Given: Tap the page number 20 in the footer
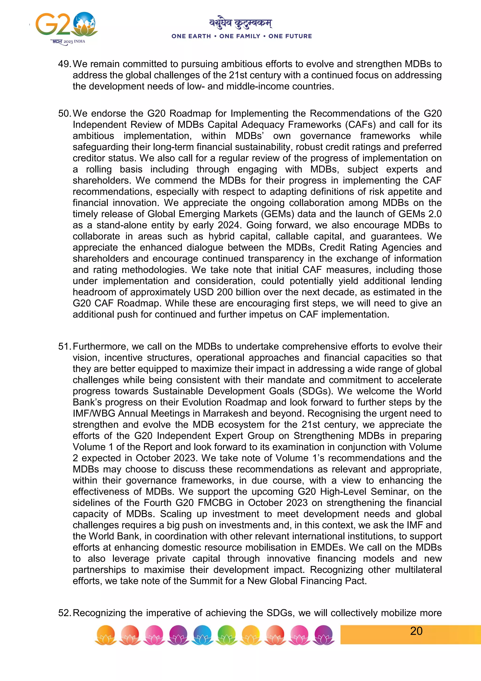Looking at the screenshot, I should pyautogui.click(x=416, y=631).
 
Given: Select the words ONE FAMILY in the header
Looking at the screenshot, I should pyautogui.click(x=240, y=36).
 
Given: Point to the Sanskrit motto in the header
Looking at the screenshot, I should pyautogui.click(x=240, y=23).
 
